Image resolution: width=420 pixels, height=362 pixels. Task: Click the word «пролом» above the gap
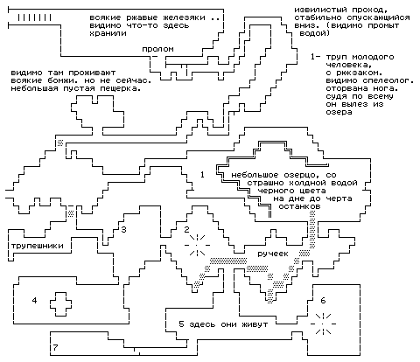click(x=157, y=49)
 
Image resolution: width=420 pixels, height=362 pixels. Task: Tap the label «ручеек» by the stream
click(x=273, y=254)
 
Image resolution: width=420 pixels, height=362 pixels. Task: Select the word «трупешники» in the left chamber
click(x=38, y=246)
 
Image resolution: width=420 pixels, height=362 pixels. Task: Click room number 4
click(x=34, y=300)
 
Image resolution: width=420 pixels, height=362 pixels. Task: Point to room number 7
click(x=55, y=347)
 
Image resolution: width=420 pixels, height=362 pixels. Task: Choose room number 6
click(x=323, y=300)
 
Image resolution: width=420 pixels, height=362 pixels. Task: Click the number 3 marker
click(x=124, y=230)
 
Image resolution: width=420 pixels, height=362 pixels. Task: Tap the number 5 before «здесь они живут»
click(x=181, y=324)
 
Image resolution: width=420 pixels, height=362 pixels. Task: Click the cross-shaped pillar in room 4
click(x=60, y=304)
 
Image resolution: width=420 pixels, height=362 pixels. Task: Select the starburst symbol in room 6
click(x=323, y=324)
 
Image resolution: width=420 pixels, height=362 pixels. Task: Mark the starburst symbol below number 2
click(x=197, y=245)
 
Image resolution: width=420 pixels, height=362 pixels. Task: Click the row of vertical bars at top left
click(x=34, y=17)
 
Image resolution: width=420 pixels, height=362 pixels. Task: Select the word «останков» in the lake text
click(x=299, y=206)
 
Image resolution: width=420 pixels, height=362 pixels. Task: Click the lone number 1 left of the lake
click(x=202, y=175)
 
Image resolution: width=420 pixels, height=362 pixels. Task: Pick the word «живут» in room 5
click(x=255, y=324)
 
